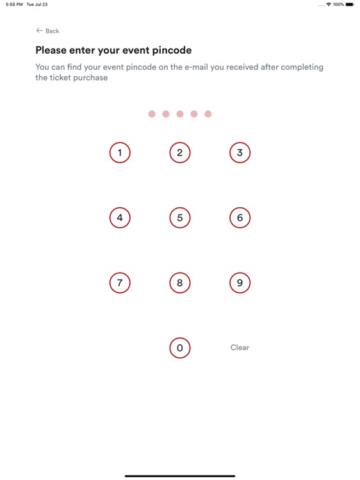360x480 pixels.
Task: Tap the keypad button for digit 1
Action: tap(120, 152)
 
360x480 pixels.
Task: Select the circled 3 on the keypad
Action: tap(240, 152)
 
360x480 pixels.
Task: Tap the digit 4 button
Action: tap(120, 218)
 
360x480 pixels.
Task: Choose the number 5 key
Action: tap(180, 218)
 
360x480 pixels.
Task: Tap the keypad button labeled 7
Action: tap(120, 282)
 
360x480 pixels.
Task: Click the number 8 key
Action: tap(180, 282)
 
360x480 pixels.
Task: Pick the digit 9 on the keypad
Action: tap(240, 282)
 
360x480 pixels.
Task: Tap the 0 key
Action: tap(180, 348)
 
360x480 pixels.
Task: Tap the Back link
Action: tap(47, 31)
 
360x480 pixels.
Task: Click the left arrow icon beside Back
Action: tap(39, 31)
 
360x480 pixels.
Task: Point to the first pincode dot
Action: tap(152, 114)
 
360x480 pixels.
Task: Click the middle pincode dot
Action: tap(180, 114)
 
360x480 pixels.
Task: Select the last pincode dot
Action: tap(208, 114)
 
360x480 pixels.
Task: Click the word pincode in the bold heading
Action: tap(172, 51)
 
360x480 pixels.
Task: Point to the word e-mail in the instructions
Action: tap(197, 67)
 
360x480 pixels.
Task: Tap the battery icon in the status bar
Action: tap(350, 4)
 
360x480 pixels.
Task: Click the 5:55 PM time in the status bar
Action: tap(14, 4)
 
